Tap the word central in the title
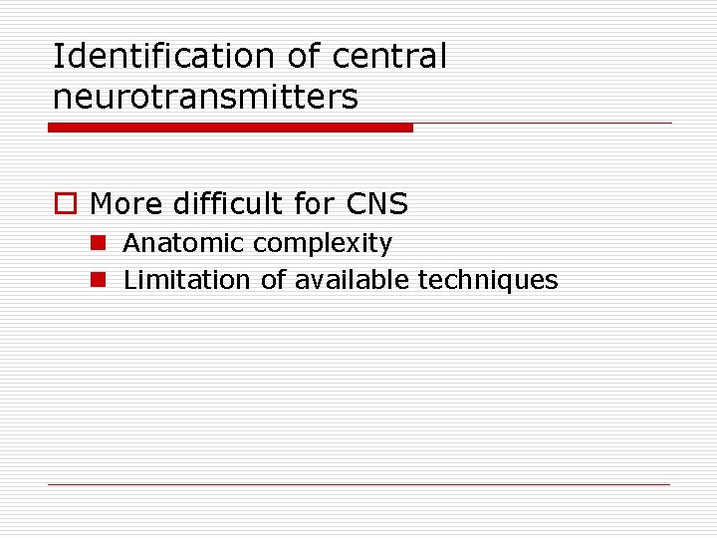(x=389, y=57)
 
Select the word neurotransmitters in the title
(x=205, y=97)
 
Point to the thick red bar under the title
(x=230, y=128)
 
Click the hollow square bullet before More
(x=64, y=204)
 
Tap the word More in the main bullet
(x=126, y=204)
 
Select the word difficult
(x=228, y=204)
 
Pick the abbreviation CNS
(x=377, y=204)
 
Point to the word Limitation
(x=187, y=280)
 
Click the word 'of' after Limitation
(x=273, y=280)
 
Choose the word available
(x=352, y=280)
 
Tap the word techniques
(x=488, y=281)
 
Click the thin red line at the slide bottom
(x=358, y=485)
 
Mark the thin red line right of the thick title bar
(x=543, y=124)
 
